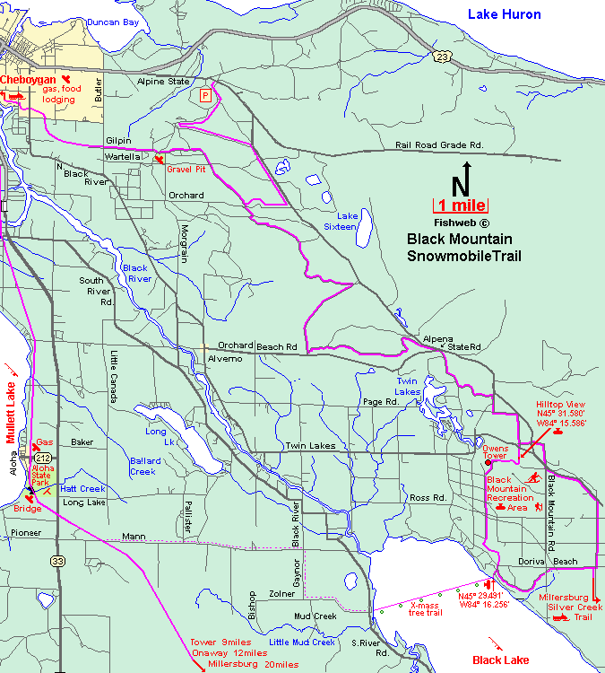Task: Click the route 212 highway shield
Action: pyautogui.click(x=42, y=457)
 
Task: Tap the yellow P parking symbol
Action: pyautogui.click(x=205, y=95)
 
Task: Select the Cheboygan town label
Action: pyautogui.click(x=28, y=81)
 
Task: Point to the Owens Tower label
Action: pyautogui.click(x=495, y=451)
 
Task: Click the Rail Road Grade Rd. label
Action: pyautogui.click(x=439, y=144)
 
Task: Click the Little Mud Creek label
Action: pyautogui.click(x=301, y=642)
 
